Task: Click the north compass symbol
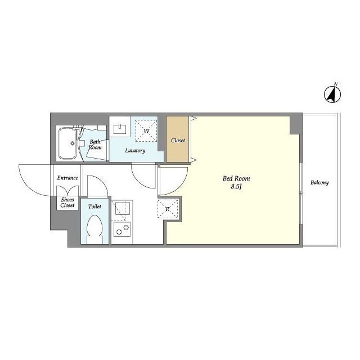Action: [x=332, y=93]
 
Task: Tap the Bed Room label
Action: [x=236, y=178]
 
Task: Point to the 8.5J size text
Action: [x=236, y=187]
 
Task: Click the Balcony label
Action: [x=319, y=182]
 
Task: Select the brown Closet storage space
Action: [x=178, y=139]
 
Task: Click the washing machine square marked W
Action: [x=146, y=131]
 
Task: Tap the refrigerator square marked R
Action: [x=168, y=209]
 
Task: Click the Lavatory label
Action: [x=135, y=151]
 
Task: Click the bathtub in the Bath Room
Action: [x=67, y=143]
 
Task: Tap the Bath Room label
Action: [x=95, y=145]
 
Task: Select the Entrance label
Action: [x=67, y=178]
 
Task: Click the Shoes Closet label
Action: [x=67, y=202]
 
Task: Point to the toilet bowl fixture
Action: [x=94, y=229]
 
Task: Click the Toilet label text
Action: [x=94, y=206]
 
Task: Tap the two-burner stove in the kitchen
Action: [x=122, y=229]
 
